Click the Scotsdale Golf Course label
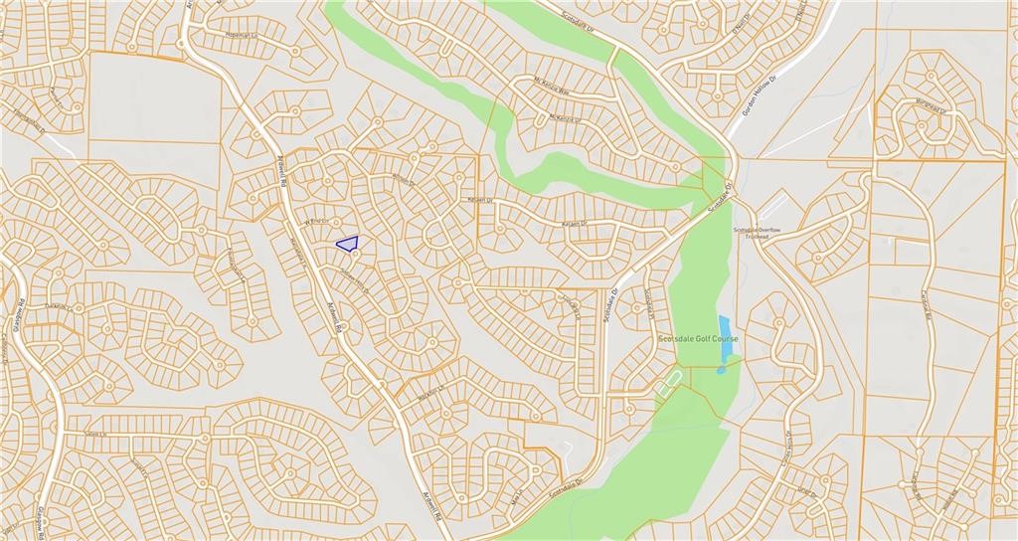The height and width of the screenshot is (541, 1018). pyautogui.click(x=698, y=338)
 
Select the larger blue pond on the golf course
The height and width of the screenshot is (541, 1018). pyautogui.click(x=724, y=329)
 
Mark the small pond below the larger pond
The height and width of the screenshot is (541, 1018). pyautogui.click(x=721, y=370)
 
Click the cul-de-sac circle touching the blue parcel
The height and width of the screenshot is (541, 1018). pyautogui.click(x=355, y=254)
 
